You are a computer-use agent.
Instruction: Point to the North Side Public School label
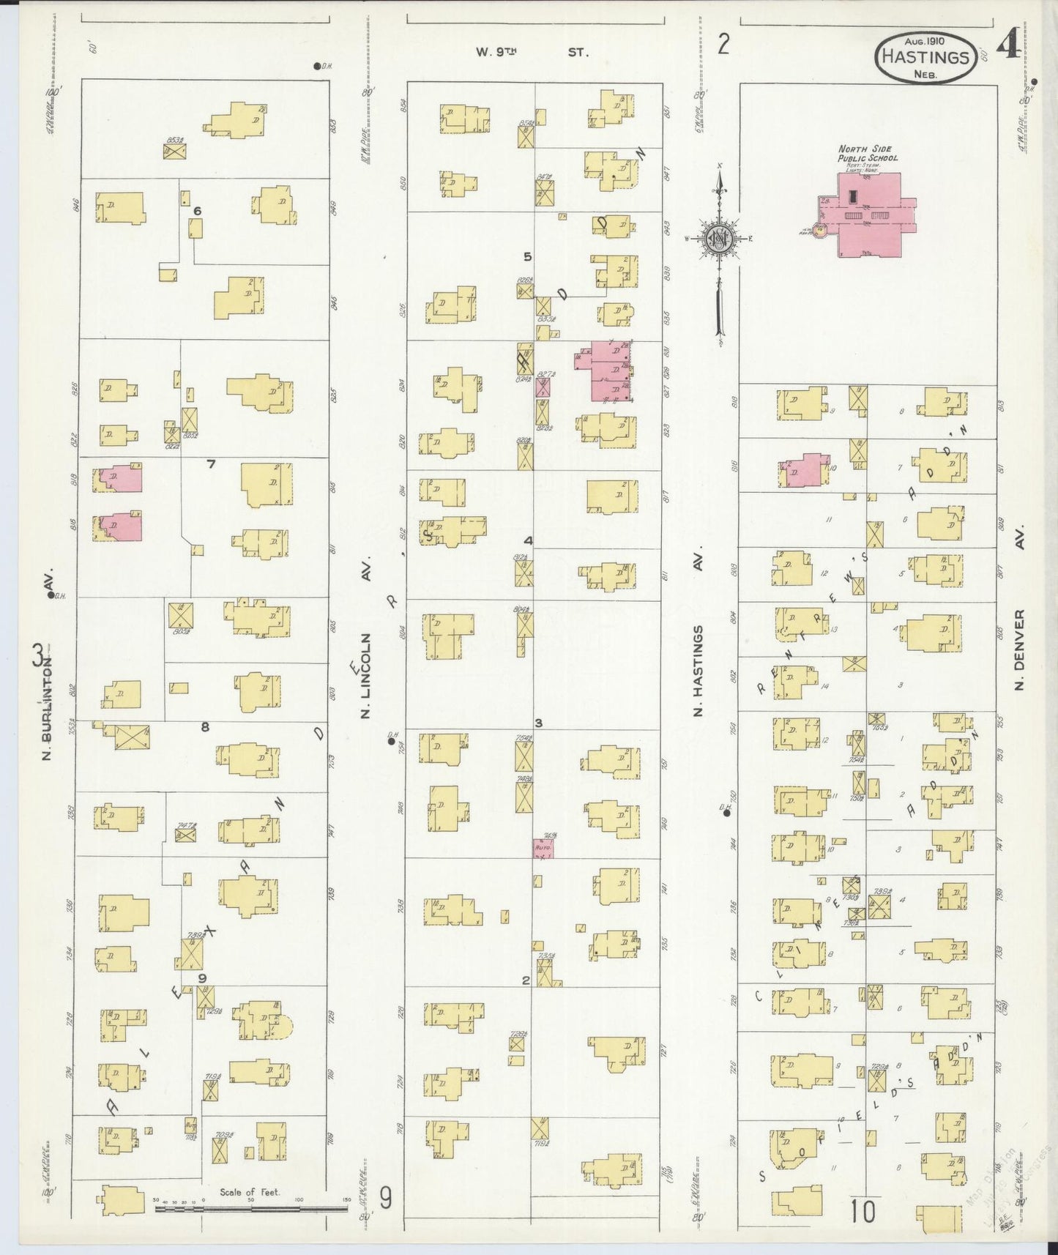point(868,154)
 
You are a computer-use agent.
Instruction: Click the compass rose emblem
point(720,238)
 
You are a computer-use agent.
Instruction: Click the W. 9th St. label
point(530,52)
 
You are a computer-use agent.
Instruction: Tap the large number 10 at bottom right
point(863,1212)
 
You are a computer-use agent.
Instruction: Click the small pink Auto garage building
point(543,848)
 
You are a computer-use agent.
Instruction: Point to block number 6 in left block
point(197,211)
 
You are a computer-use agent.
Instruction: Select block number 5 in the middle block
point(527,256)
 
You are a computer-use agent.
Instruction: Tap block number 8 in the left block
point(205,727)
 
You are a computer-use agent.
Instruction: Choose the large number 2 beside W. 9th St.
point(723,45)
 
